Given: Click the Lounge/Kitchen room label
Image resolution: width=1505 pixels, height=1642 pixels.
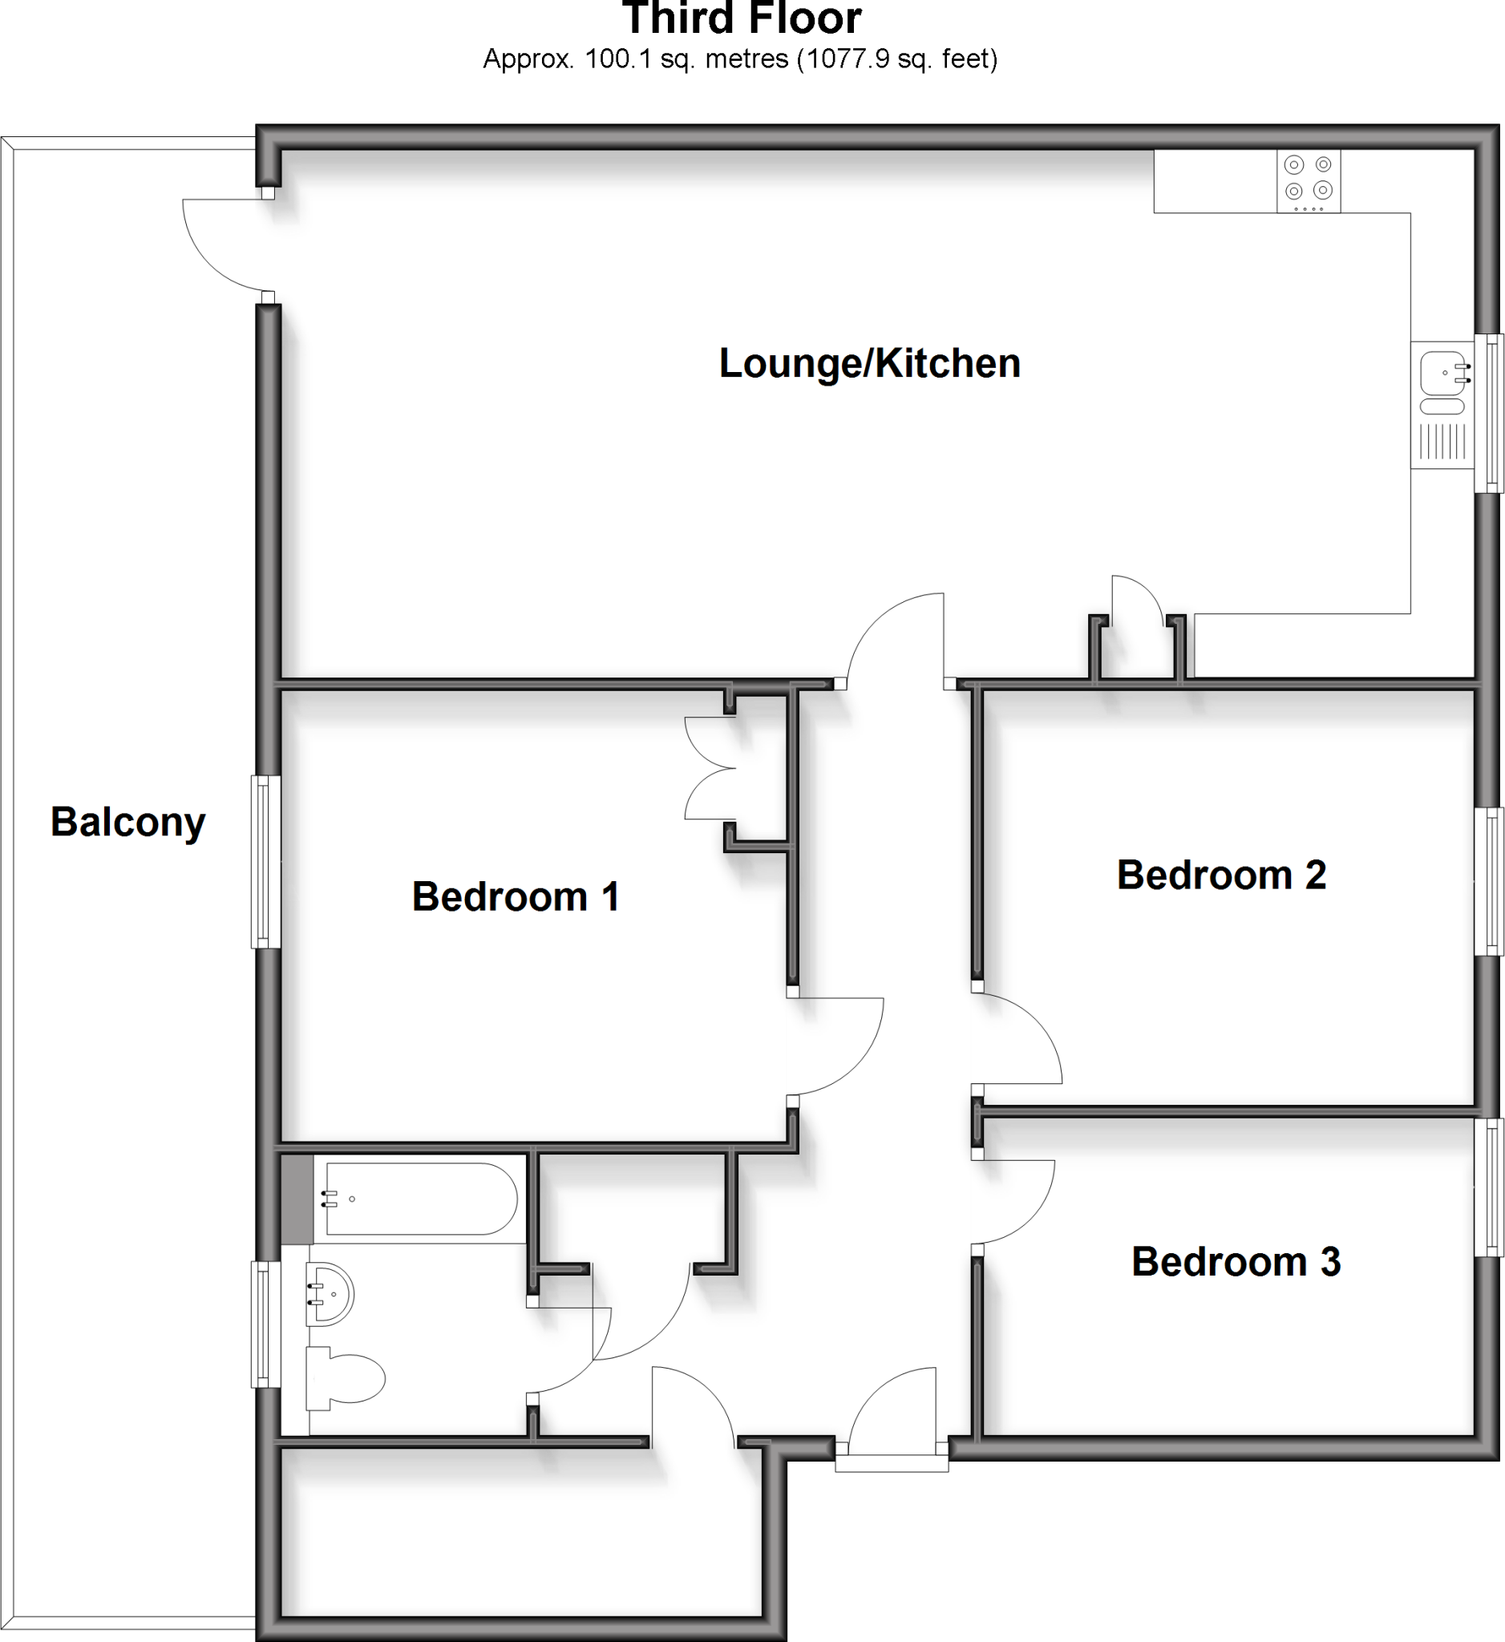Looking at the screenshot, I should point(869,363).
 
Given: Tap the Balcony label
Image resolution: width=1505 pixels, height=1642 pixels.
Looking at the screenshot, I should point(127,822).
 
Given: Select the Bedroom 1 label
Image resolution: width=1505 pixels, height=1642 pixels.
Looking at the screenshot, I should point(516,896).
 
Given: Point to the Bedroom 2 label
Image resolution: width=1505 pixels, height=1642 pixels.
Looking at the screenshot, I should point(1221,875).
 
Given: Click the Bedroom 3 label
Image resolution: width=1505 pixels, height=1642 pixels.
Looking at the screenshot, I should point(1236,1262).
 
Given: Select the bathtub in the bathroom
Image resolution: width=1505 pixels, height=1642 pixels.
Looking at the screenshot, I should point(420,1199).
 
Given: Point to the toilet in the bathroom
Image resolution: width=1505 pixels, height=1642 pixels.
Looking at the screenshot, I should point(346,1378).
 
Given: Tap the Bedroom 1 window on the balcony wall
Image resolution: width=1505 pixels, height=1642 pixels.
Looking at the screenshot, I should point(265,862).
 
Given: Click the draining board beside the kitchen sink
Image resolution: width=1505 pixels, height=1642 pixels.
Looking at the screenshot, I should point(1442,443).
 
